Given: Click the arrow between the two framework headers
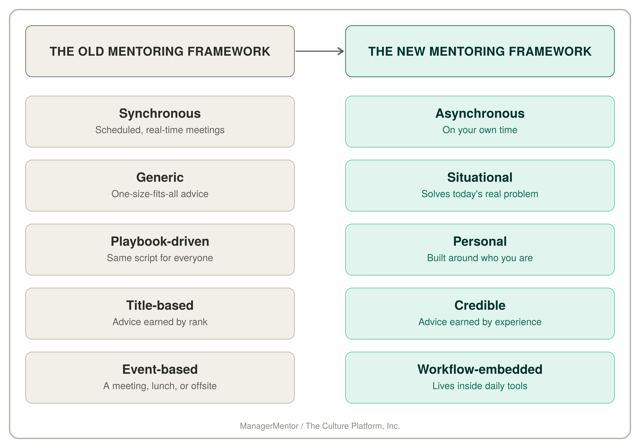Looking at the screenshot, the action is [x=320, y=51].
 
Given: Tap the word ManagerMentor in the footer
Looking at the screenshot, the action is [x=269, y=426].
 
